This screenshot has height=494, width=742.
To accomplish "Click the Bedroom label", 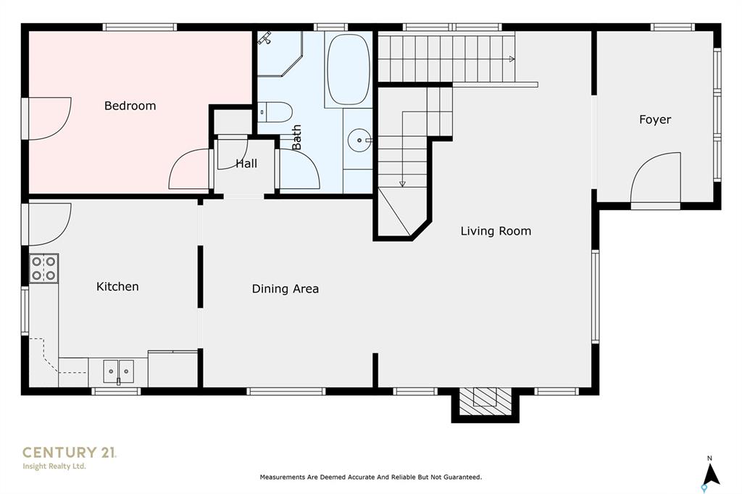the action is click(130, 106).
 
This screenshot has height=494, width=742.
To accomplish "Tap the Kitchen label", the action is click(117, 286).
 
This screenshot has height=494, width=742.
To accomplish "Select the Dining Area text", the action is click(285, 288).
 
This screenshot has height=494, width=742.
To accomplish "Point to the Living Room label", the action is click(496, 231).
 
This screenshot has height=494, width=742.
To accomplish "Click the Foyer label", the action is click(655, 120).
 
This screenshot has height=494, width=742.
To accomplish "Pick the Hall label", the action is click(246, 164).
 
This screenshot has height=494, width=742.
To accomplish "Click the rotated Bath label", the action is click(296, 137).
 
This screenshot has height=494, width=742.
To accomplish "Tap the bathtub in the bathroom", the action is click(349, 70).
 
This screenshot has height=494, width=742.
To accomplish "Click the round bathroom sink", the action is click(359, 141).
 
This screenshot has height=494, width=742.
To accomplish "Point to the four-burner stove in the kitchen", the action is click(43, 268).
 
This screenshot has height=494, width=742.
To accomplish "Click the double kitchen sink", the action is click(118, 371).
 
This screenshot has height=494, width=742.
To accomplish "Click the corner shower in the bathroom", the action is click(279, 54).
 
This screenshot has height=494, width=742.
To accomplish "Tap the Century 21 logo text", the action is click(69, 453).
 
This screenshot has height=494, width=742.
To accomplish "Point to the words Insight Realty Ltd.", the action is click(54, 466).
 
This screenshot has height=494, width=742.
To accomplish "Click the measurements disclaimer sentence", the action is click(371, 477).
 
